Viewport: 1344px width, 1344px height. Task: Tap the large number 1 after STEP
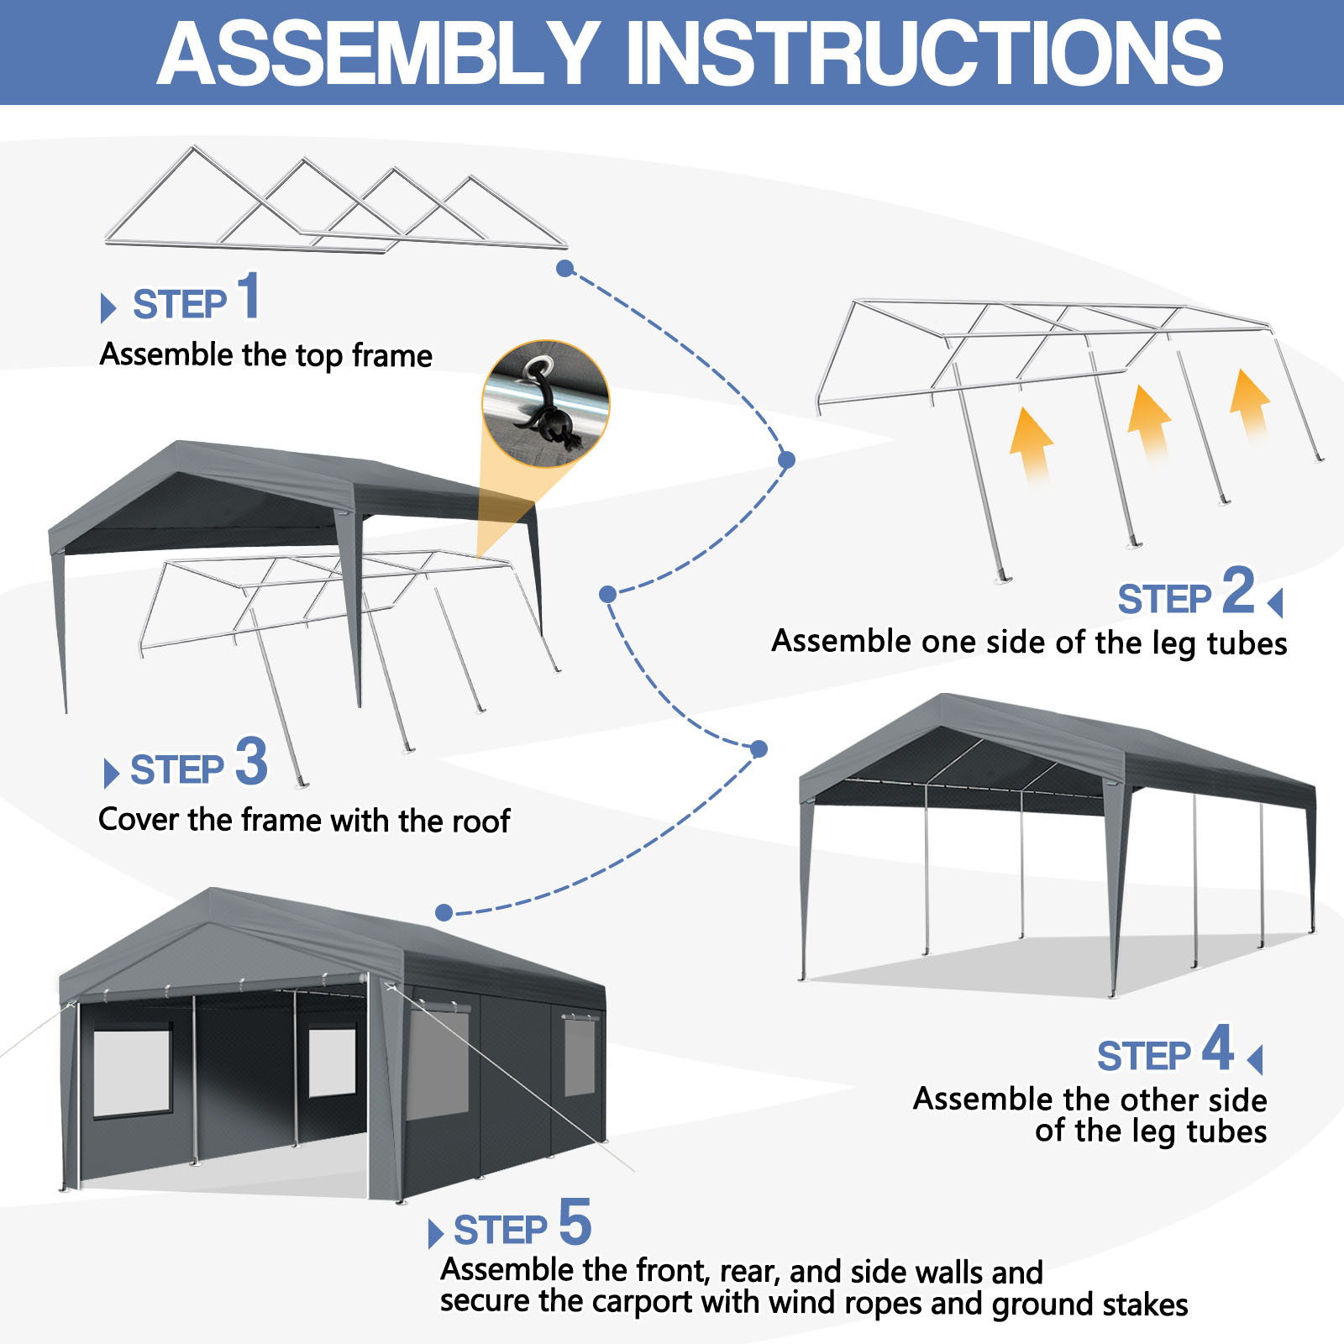[248, 296]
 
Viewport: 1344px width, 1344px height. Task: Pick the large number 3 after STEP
[251, 761]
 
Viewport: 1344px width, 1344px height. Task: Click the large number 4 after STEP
[1217, 1047]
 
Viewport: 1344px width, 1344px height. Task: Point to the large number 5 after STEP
[575, 1222]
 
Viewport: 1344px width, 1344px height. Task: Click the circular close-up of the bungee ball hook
[546, 404]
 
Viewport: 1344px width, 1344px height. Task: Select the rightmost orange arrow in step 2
[1250, 402]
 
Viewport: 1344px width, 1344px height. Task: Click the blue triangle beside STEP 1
[108, 307]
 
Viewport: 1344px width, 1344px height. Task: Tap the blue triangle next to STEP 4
[1255, 1059]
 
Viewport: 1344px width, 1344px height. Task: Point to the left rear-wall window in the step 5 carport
[132, 1073]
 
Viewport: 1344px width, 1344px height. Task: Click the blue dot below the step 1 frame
[565, 268]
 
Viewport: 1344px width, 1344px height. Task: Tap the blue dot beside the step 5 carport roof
[444, 912]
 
